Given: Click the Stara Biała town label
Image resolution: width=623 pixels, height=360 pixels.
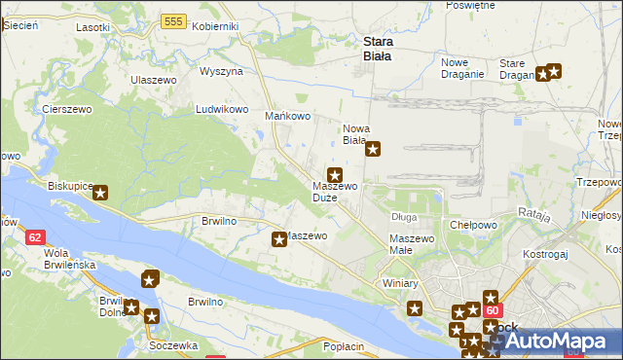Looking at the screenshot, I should (377, 49).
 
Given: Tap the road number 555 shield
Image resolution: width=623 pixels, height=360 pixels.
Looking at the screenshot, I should (175, 21).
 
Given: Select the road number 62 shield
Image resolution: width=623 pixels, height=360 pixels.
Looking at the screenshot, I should (35, 236).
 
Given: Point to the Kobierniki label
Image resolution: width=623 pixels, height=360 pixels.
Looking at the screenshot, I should (216, 26).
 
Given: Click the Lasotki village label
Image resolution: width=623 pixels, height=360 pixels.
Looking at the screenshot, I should (93, 27).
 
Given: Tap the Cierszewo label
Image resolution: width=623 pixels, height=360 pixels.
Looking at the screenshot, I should (67, 110).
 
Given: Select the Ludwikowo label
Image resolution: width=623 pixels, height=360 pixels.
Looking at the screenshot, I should (223, 110).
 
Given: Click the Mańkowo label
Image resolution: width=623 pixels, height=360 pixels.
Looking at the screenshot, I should (287, 117).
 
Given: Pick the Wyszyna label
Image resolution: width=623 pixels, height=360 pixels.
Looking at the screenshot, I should (221, 72).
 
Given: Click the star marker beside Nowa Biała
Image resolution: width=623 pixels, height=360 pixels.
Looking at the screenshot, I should (372, 150).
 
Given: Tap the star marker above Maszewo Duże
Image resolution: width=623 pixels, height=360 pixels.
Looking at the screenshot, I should (334, 174).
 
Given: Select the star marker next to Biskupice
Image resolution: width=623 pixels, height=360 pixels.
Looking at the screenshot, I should (100, 193).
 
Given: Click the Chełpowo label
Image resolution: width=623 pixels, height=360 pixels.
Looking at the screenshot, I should (474, 225).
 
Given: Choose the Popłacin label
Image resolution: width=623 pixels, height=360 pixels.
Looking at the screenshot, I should (343, 346).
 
